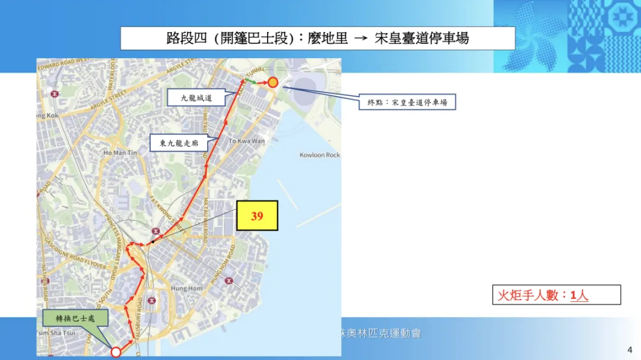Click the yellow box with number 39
pos(257,216)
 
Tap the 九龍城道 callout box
pos(196,98)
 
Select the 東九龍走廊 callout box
pos(179,143)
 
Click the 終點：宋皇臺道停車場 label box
pos(407,103)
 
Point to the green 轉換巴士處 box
pos(75,318)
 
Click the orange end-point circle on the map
pos(272,82)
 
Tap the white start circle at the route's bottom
pos(116,352)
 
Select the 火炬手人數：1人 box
pos(556,295)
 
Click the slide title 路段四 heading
pos(318,39)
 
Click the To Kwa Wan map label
pos(246,141)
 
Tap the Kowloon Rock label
pos(320,155)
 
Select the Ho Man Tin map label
pos(120,153)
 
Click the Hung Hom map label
pos(187,288)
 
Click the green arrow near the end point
pos(252,81)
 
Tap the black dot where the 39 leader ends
pos(153,241)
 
